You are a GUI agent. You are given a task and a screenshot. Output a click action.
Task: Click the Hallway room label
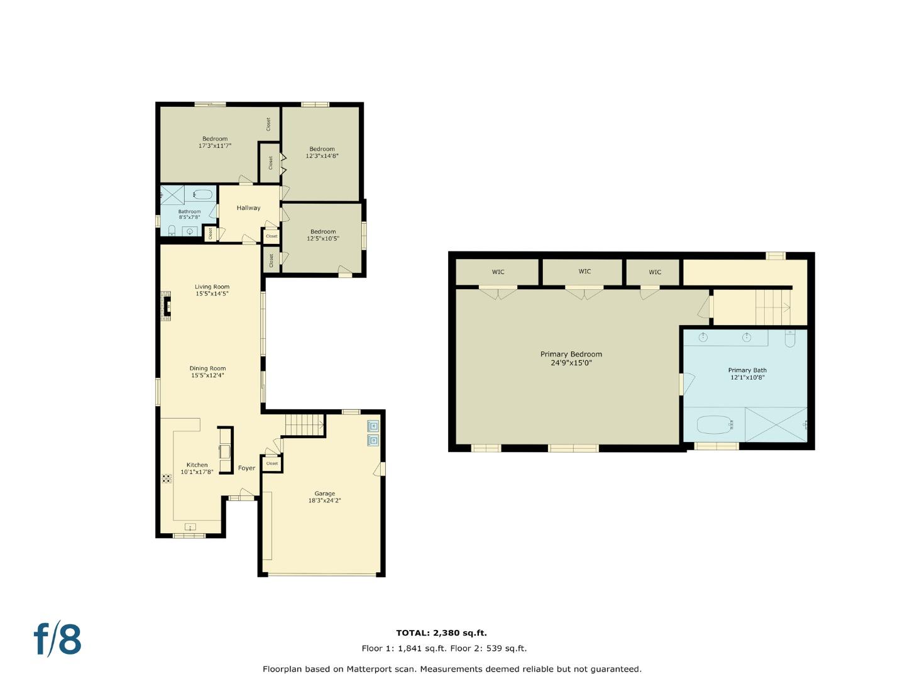click(248, 207)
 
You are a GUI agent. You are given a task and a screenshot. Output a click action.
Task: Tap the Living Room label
click(212, 287)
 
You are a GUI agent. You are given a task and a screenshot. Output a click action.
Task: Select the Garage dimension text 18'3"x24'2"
click(324, 500)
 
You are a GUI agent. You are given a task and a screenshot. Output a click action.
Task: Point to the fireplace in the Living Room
click(166, 305)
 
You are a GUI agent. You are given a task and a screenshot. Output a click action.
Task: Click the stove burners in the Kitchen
click(167, 478)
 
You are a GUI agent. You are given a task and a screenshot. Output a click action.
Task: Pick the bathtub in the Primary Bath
click(714, 424)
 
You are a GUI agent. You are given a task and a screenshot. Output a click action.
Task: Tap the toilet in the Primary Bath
click(789, 338)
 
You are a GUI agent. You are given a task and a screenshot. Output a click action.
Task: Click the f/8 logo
click(57, 639)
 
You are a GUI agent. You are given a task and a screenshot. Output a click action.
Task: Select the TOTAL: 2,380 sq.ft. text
click(441, 633)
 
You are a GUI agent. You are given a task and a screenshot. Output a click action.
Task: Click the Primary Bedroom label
click(571, 354)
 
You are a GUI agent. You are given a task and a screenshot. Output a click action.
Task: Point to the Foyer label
click(246, 468)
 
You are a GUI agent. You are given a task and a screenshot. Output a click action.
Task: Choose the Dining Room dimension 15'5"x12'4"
click(207, 375)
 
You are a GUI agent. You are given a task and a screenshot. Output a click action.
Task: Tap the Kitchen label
click(197, 465)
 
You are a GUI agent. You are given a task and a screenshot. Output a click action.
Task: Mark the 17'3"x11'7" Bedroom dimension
click(215, 146)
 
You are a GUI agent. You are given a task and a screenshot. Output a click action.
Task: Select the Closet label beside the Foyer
click(271, 463)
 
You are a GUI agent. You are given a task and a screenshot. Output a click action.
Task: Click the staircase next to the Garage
click(304, 424)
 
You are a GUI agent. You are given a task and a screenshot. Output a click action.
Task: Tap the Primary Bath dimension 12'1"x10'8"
click(747, 377)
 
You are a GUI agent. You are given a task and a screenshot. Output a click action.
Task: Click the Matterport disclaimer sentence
click(452, 669)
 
